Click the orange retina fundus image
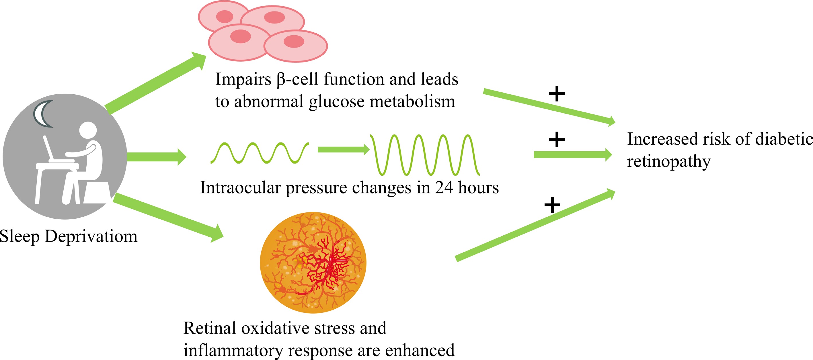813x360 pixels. pyautogui.click(x=313, y=263)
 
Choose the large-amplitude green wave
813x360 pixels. pyautogui.click(x=425, y=154)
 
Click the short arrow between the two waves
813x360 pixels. pyautogui.click(x=343, y=150)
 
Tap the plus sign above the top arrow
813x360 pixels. pyautogui.click(x=557, y=94)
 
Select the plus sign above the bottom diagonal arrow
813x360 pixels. pyautogui.click(x=552, y=205)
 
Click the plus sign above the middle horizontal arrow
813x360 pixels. pyautogui.click(x=557, y=140)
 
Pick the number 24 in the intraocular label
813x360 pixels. pyautogui.click(x=444, y=187)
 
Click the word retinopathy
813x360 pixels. pyautogui.click(x=668, y=162)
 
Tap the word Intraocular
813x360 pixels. pyautogui.click(x=240, y=187)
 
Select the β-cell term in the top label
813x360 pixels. pyautogui.click(x=297, y=79)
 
